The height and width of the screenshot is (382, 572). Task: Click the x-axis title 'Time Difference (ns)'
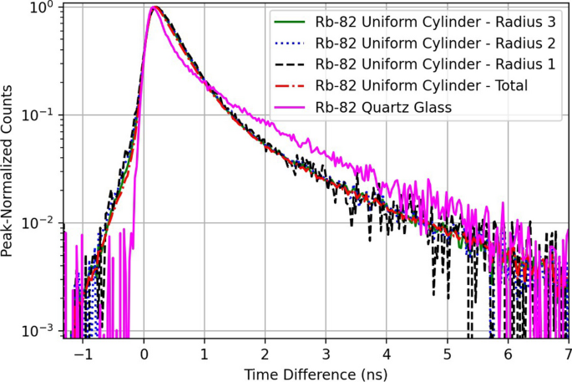[x=316, y=372]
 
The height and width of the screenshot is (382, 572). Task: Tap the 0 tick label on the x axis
[x=144, y=353]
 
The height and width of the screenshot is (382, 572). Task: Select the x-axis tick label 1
[x=205, y=353]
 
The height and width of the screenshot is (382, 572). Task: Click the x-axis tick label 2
[x=266, y=353]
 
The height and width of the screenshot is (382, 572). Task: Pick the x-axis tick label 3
[x=326, y=353]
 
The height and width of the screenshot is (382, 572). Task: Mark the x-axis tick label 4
[x=387, y=353]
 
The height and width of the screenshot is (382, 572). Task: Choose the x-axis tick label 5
[x=448, y=353]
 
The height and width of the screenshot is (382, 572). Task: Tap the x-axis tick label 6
[x=508, y=353]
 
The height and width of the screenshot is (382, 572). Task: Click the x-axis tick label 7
[x=568, y=353]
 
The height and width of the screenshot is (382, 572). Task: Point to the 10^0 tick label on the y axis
[x=42, y=8]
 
